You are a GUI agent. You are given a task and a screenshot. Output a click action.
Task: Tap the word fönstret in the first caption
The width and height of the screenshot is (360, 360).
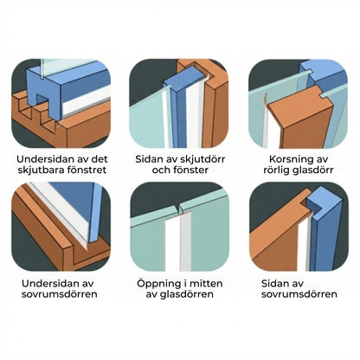(87, 173)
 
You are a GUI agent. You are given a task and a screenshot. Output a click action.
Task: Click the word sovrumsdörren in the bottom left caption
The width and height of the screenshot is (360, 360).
(60, 295)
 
